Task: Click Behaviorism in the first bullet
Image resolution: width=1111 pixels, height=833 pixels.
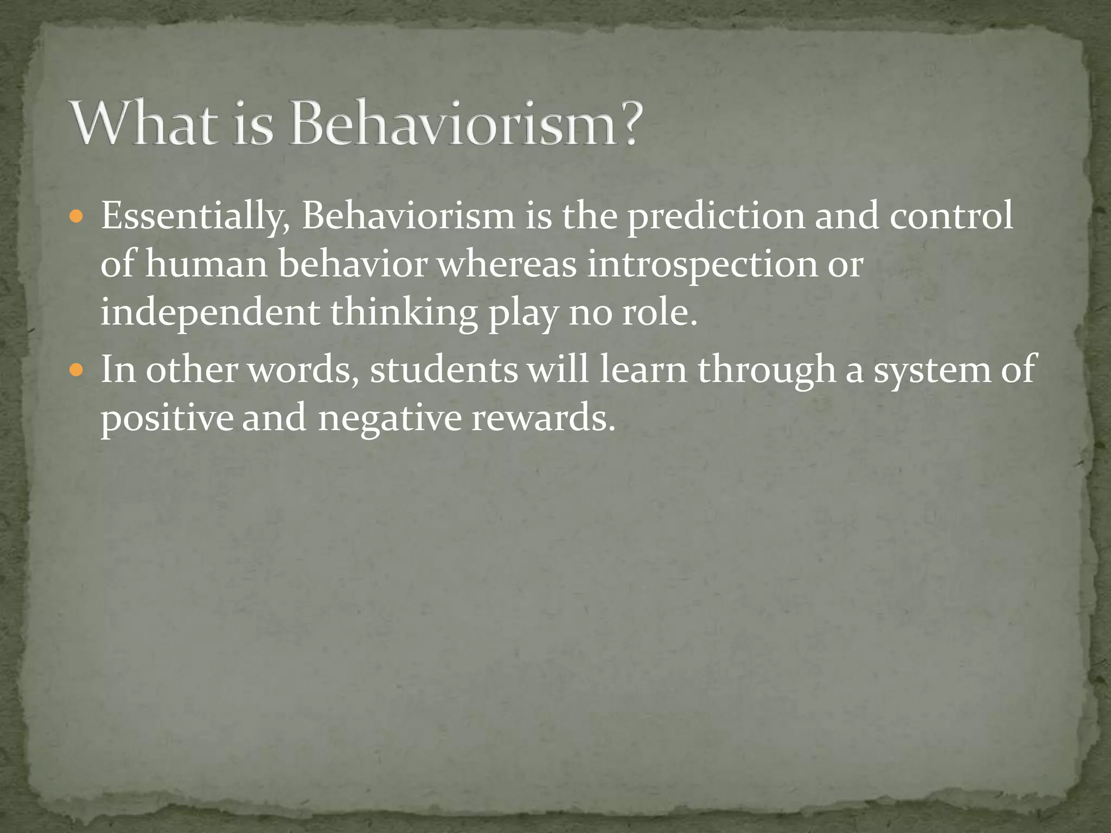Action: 408,216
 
